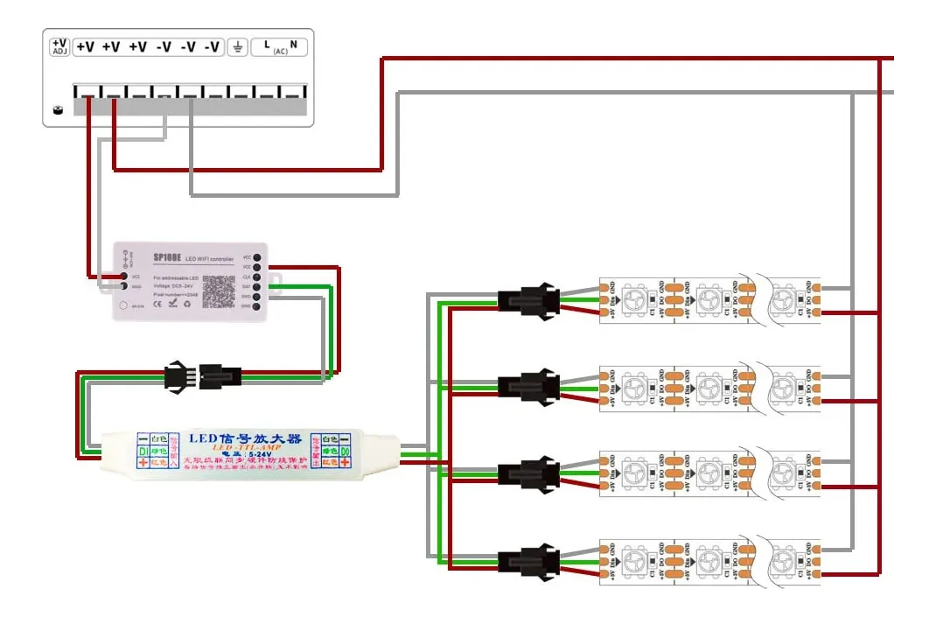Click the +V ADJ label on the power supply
(x=59, y=46)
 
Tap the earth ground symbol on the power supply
(x=236, y=47)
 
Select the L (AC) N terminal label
(x=280, y=46)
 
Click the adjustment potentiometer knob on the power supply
(x=59, y=110)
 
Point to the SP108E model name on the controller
(x=166, y=258)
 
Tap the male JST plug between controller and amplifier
(x=178, y=376)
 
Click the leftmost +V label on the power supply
(x=85, y=47)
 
